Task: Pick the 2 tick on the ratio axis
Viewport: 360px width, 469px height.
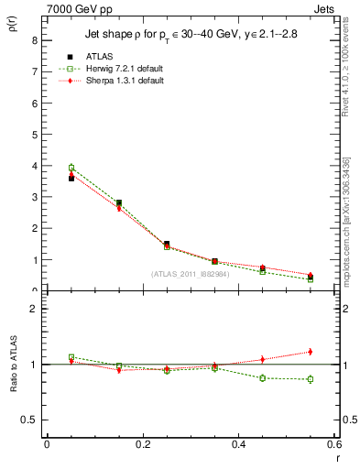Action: [33, 309]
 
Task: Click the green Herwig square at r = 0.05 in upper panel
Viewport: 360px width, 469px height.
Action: [71, 168]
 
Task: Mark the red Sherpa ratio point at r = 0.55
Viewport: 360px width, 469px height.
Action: [311, 352]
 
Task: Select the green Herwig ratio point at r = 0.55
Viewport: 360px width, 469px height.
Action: [311, 379]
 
